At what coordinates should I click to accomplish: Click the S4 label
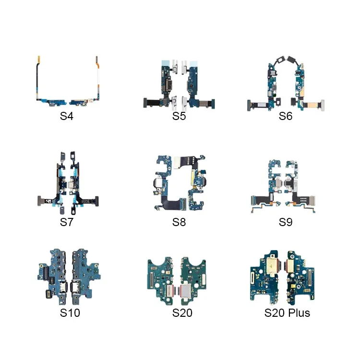click(67, 116)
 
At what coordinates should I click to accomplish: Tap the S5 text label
click(179, 116)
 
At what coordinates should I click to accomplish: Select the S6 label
click(286, 116)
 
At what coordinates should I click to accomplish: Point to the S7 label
click(67, 222)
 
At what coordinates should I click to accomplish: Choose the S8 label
click(179, 222)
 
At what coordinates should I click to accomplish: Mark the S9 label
click(286, 222)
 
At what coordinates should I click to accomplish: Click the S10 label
click(70, 312)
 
